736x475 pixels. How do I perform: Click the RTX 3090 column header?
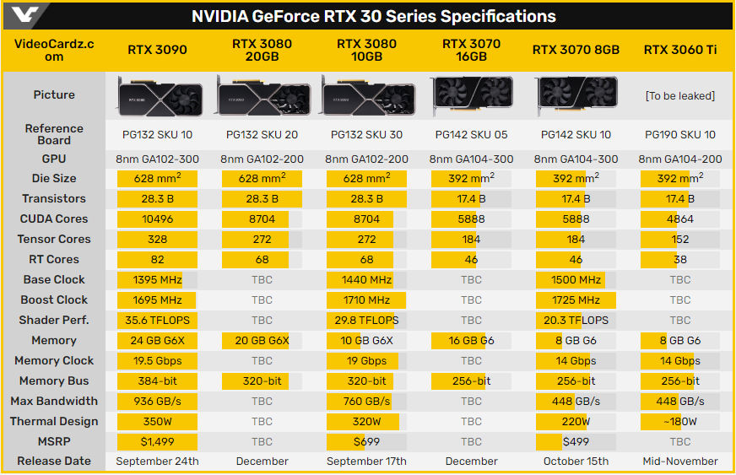point(157,50)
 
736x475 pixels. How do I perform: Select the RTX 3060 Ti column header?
point(680,50)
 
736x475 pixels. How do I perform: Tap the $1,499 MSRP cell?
point(157,441)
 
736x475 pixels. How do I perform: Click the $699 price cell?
point(366,441)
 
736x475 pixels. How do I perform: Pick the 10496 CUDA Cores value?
point(157,219)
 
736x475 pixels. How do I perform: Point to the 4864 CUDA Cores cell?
point(680,219)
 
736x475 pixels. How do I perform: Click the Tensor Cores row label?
point(54,239)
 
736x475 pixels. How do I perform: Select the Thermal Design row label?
point(54,421)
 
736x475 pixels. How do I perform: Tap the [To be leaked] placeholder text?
point(680,95)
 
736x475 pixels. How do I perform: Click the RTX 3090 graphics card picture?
point(157,95)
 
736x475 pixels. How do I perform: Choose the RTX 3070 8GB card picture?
point(576,95)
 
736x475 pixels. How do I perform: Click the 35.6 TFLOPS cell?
point(157,320)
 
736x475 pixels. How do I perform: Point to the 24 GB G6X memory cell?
point(157,340)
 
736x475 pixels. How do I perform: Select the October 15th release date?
point(576,462)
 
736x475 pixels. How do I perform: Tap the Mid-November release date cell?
point(680,462)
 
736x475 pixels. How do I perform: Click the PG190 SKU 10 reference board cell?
point(680,134)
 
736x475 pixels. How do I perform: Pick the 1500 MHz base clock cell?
point(576,279)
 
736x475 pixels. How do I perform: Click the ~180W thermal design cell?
point(680,421)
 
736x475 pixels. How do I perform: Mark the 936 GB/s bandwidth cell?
point(157,401)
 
